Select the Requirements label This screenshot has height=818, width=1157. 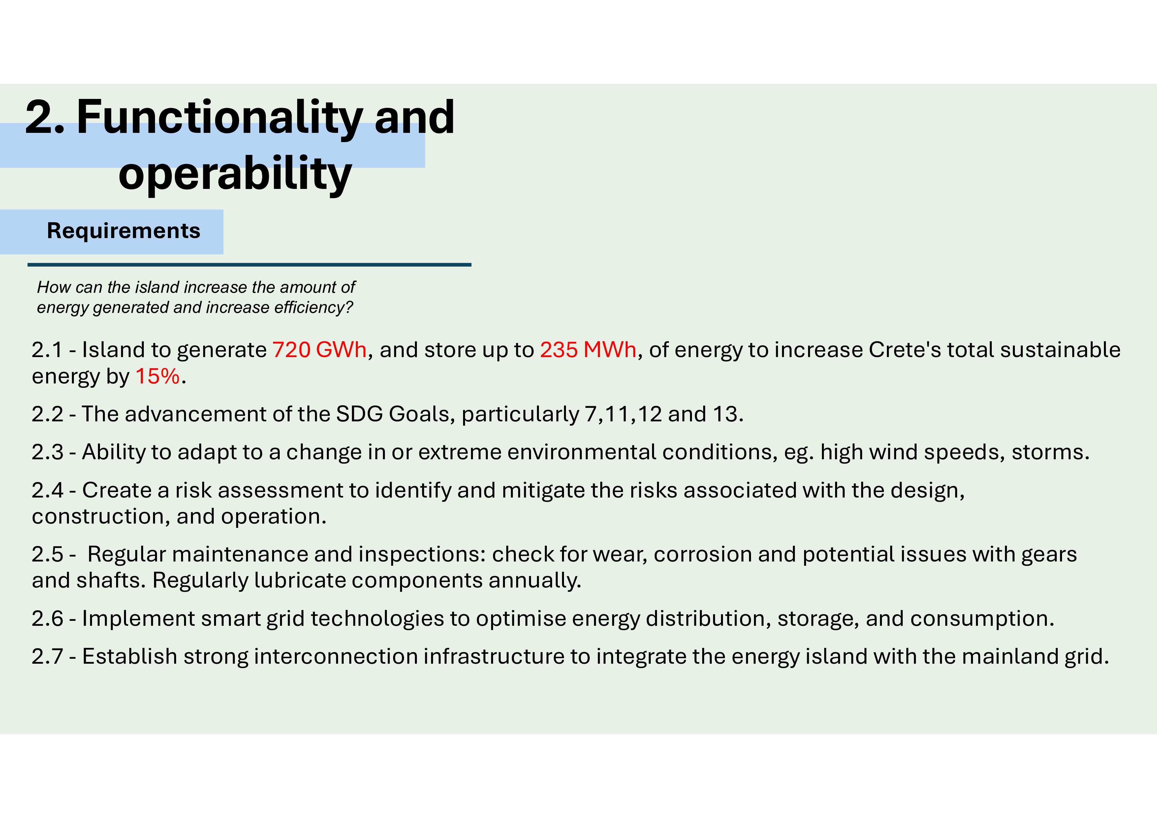(123, 231)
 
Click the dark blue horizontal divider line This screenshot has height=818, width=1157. (249, 264)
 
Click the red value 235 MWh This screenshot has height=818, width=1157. (588, 349)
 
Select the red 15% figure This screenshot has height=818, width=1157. (158, 376)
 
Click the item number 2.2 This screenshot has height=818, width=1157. (48, 414)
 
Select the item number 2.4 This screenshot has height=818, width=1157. (48, 490)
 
